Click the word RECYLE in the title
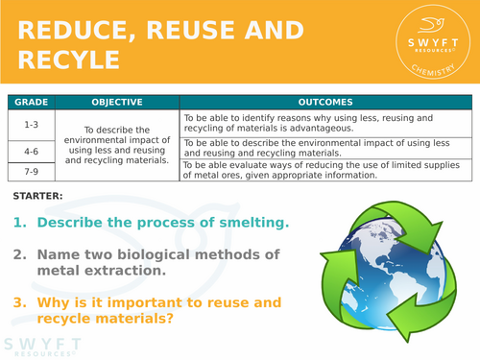coord(66,60)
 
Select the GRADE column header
coord(30,102)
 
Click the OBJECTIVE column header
coord(117,102)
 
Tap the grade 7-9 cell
coord(30,170)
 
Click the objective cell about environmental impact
coord(117,145)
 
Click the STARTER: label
coord(38,197)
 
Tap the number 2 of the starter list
coord(18,254)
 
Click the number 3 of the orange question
coord(18,300)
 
